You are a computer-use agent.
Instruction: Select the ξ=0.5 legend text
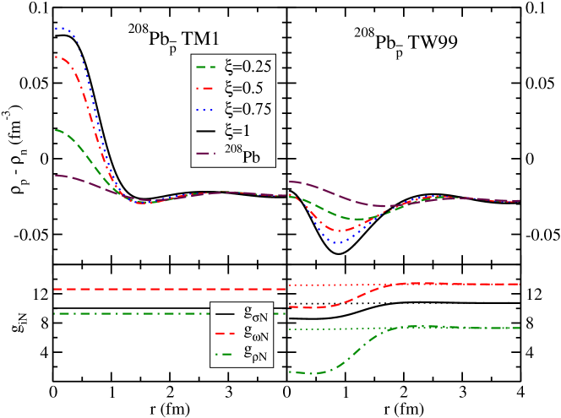click(243, 88)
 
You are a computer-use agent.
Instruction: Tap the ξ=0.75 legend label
click(247, 109)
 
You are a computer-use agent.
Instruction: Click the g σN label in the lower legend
click(255, 316)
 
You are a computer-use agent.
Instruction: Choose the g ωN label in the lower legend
click(255, 336)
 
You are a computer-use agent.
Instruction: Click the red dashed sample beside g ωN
click(226, 335)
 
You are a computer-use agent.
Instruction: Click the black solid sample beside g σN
click(226, 315)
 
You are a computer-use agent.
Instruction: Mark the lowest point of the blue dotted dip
click(337, 243)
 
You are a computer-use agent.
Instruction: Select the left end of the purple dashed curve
click(56, 176)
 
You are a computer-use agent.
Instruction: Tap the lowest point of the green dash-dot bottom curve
click(309, 373)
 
